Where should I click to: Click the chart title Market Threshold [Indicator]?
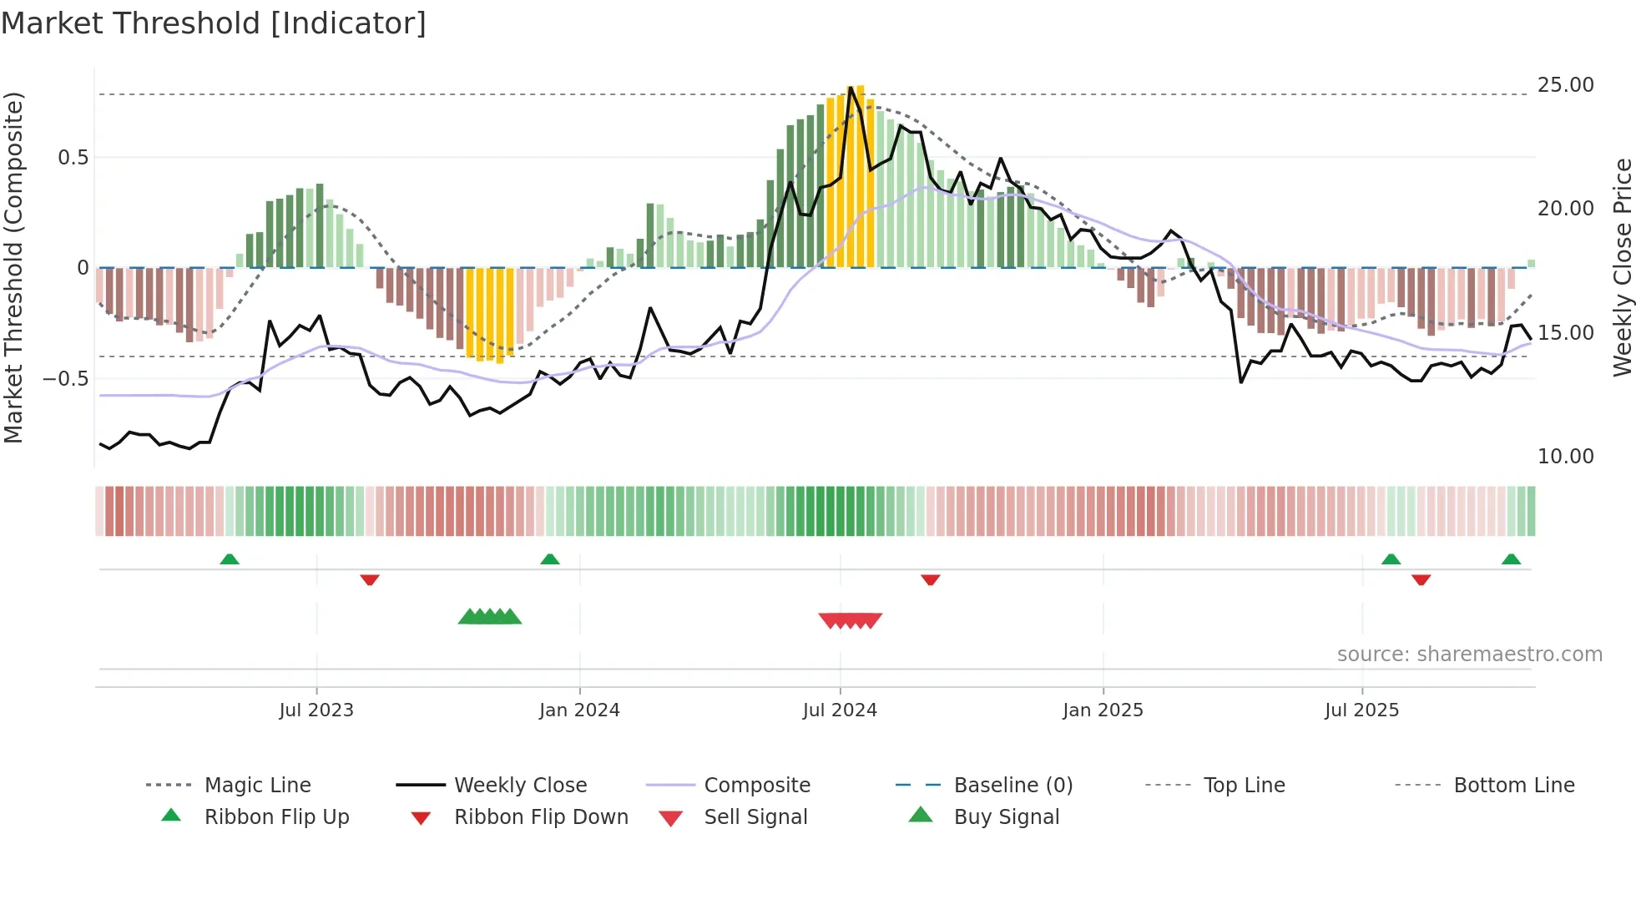tap(214, 23)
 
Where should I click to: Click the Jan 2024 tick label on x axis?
tap(579, 710)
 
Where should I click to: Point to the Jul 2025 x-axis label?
tap(1361, 710)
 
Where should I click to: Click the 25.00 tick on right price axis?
tap(1565, 85)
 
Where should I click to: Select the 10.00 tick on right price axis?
tap(1565, 456)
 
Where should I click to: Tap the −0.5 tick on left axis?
tap(66, 378)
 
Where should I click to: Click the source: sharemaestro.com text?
tap(1469, 654)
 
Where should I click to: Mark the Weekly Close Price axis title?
tap(1622, 267)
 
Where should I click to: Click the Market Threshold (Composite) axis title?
tap(13, 267)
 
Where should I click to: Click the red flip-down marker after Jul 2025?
tap(1421, 579)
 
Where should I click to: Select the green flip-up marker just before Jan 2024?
tap(549, 559)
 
